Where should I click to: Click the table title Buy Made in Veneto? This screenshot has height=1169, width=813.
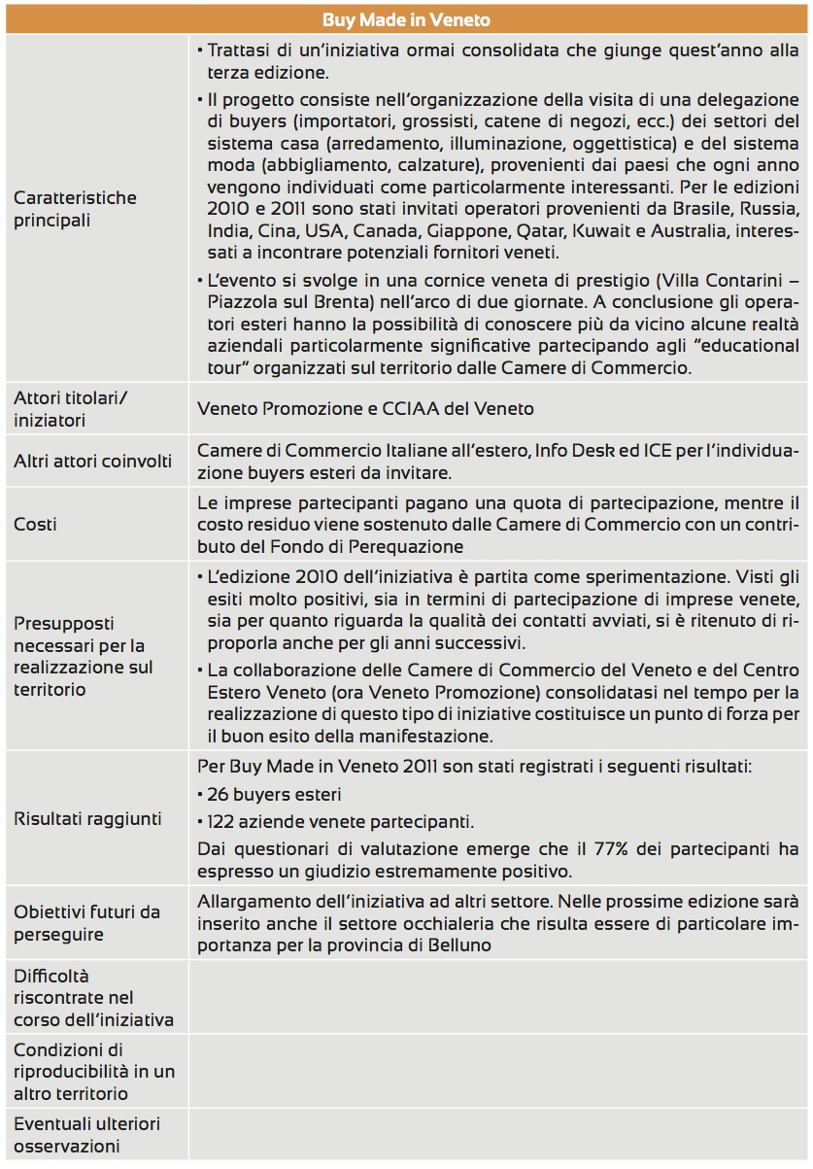click(x=406, y=19)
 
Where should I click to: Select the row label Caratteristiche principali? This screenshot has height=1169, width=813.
click(x=75, y=209)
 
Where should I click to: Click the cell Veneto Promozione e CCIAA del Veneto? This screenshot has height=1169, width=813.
click(x=365, y=409)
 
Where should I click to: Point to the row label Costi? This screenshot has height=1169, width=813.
click(x=35, y=525)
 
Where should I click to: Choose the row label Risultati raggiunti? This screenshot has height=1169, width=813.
click(x=87, y=818)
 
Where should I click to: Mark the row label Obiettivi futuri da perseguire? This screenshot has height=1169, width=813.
click(x=86, y=923)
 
